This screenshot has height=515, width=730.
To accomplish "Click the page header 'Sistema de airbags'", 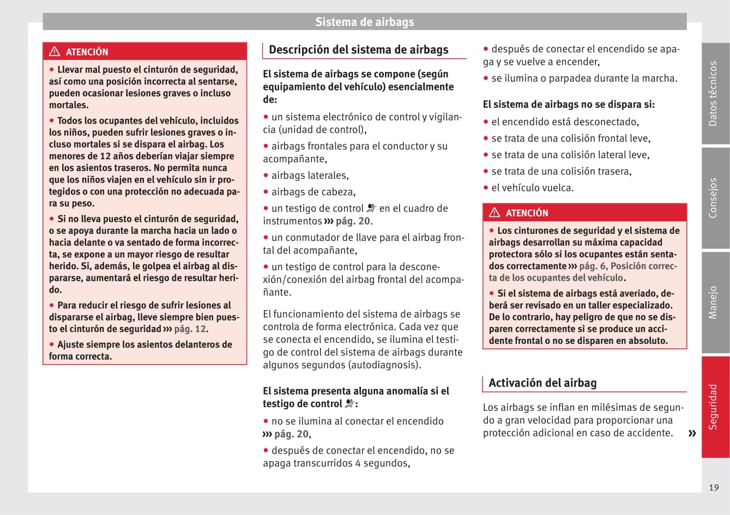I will click(x=364, y=22).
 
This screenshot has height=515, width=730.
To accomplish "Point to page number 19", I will click(x=714, y=488).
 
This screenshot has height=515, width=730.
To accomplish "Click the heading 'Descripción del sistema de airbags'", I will click(x=358, y=50).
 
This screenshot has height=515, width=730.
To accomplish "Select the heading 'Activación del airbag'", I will click(x=542, y=383).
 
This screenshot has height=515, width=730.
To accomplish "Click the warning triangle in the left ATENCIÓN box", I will click(x=55, y=52).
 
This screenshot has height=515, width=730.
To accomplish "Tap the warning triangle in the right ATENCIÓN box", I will click(x=494, y=213).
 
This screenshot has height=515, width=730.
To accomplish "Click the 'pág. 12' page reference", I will click(x=190, y=329).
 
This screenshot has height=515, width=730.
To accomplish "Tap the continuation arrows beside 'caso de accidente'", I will click(x=692, y=434).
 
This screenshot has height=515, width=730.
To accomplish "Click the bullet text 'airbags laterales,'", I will click(x=310, y=175).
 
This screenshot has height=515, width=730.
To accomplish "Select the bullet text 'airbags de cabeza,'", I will click(x=313, y=192).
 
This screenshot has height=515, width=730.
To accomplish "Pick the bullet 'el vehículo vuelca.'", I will click(x=532, y=187).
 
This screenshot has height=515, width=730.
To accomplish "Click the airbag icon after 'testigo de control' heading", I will click(x=349, y=404).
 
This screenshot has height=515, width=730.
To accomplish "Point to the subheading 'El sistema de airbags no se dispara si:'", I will click(x=569, y=104).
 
